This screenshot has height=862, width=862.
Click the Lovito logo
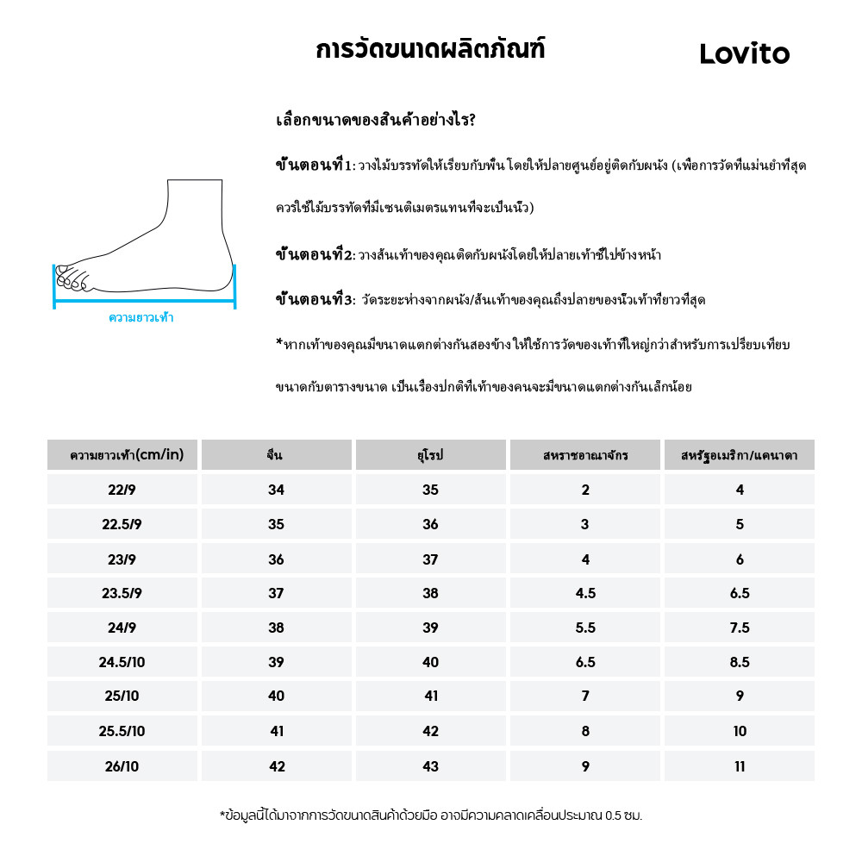(744, 54)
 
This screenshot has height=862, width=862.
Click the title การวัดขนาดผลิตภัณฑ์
(430, 50)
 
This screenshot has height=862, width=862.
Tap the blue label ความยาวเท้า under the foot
(141, 318)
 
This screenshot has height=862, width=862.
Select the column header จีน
(276, 455)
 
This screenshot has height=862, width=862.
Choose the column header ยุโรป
(430, 455)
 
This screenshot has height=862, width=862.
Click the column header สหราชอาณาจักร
(585, 455)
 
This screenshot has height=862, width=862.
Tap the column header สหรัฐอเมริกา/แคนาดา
(739, 455)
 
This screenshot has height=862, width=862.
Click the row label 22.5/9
(122, 524)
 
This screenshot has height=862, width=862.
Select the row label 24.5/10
(122, 662)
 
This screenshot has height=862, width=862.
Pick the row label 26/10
(122, 765)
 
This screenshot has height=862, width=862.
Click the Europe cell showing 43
(430, 765)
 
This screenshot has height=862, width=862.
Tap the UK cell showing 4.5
(585, 593)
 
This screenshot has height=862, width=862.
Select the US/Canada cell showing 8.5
(739, 662)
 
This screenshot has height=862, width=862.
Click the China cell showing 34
(276, 490)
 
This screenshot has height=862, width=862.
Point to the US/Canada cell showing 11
(739, 765)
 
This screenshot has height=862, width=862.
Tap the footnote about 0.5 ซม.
(431, 815)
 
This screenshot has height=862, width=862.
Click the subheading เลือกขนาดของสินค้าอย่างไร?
(375, 120)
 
